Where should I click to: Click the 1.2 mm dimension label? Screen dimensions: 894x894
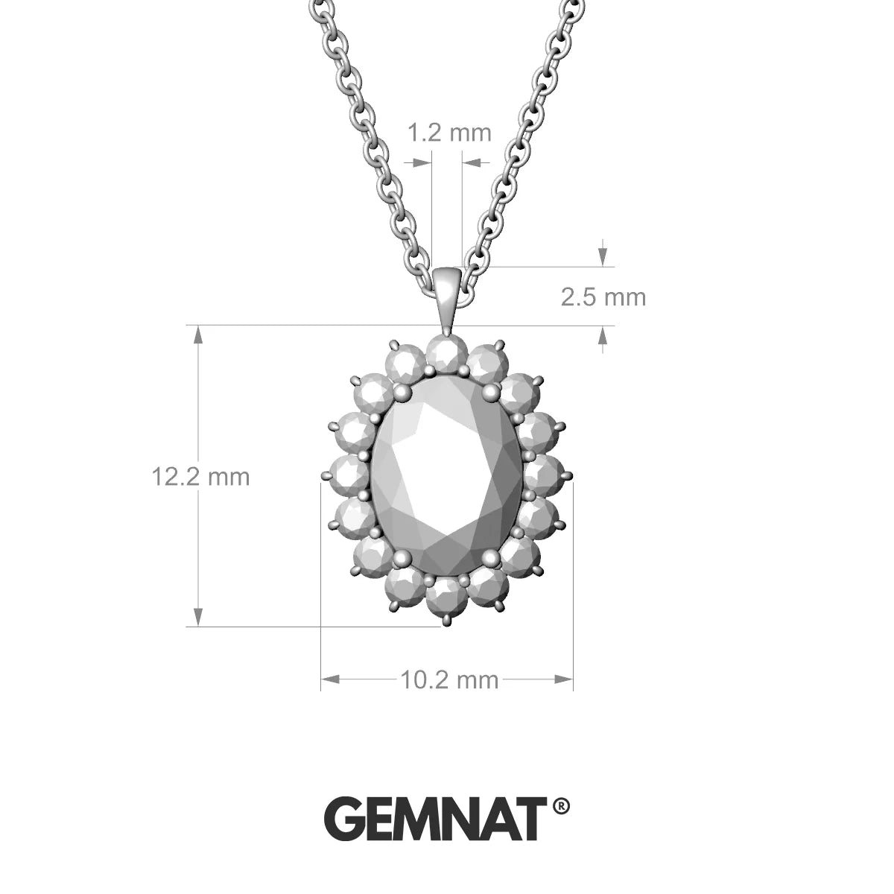(449, 133)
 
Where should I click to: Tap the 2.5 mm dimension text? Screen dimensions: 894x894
(603, 297)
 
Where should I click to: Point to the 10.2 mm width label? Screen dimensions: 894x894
(449, 679)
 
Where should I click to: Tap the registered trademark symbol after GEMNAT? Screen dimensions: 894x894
(562, 805)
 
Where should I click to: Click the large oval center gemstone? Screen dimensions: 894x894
(447, 477)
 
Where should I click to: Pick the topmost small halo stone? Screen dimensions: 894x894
(447, 353)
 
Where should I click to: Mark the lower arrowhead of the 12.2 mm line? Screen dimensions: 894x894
(198, 617)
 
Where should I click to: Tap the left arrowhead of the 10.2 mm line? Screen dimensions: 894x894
(331, 679)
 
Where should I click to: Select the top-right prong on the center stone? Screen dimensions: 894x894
(491, 390)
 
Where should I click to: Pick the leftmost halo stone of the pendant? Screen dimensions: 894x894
(349, 474)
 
